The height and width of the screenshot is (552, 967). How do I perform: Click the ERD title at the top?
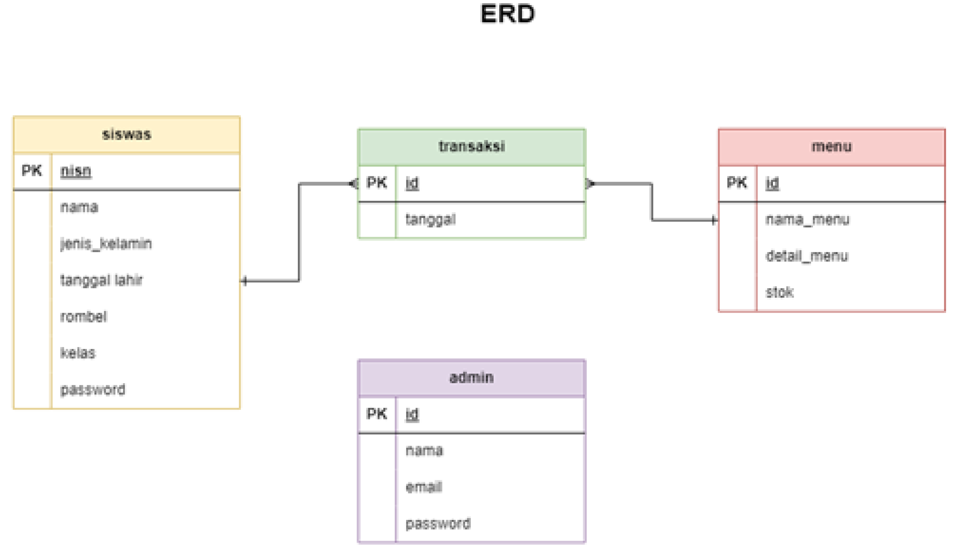(507, 14)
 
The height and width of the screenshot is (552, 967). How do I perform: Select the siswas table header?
(127, 134)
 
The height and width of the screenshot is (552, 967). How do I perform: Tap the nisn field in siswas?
(76, 171)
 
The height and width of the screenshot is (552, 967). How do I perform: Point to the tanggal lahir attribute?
(101, 280)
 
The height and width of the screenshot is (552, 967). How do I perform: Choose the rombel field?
(83, 317)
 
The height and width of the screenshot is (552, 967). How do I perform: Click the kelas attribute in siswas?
(78, 353)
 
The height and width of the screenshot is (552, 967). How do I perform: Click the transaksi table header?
(471, 146)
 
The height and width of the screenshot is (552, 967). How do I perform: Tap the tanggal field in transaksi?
(430, 220)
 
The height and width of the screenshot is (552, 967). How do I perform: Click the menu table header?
(831, 146)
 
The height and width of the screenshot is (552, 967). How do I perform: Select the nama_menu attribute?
(807, 220)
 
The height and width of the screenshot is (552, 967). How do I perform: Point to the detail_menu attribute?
(806, 256)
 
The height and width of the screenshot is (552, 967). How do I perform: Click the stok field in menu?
(779, 292)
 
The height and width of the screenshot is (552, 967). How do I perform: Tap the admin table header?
(471, 378)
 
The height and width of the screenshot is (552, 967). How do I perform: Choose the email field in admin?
(424, 487)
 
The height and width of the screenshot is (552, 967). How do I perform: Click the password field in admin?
(438, 524)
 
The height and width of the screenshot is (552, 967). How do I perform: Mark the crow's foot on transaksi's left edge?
(353, 184)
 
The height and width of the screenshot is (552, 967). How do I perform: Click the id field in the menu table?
(772, 183)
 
